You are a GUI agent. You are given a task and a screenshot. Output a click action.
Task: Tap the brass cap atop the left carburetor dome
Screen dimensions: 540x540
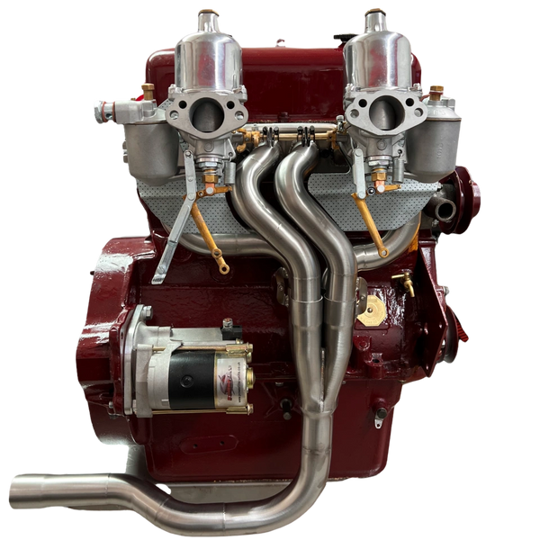pos(209,13)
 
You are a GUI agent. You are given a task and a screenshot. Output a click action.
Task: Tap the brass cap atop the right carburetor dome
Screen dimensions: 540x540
pos(374,13)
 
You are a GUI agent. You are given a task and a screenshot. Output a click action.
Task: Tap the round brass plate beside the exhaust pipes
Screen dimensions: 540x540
pos(368,310)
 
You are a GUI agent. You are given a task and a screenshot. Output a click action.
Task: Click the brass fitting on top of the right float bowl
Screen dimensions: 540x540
pos(436,91)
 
